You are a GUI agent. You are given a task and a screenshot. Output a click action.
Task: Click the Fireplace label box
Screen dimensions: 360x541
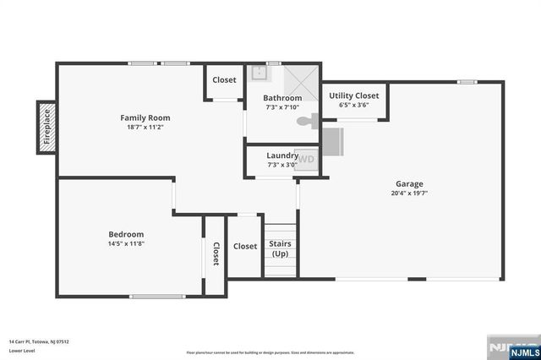pyautogui.click(x=47, y=128)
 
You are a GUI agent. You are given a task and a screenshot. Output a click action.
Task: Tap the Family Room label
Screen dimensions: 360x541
pyautogui.click(x=145, y=117)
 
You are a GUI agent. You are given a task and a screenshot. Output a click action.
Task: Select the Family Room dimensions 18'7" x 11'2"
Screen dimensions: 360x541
pyautogui.click(x=145, y=128)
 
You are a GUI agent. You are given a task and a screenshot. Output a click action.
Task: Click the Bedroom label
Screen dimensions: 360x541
pyautogui.click(x=126, y=234)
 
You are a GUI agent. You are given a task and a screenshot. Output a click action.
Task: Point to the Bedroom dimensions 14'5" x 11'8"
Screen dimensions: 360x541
pyautogui.click(x=126, y=244)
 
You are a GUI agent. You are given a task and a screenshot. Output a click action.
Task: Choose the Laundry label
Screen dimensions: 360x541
pyautogui.click(x=281, y=155)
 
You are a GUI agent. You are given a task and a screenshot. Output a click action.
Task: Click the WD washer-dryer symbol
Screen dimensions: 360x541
pyautogui.click(x=306, y=158)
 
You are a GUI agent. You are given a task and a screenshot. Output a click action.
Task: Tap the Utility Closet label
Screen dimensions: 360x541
pyautogui.click(x=353, y=95)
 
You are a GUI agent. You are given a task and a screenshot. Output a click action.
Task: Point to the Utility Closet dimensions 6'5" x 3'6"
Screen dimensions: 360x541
pyautogui.click(x=353, y=106)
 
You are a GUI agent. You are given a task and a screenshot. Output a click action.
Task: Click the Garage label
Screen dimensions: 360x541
pyautogui.click(x=409, y=183)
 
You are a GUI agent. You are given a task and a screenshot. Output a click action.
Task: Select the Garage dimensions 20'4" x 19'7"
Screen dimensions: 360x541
pyautogui.click(x=409, y=194)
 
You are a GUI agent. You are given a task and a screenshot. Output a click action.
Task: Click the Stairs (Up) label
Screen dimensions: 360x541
pyautogui.click(x=280, y=248)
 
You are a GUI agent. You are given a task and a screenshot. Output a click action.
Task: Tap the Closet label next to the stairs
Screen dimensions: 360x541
pyautogui.click(x=245, y=246)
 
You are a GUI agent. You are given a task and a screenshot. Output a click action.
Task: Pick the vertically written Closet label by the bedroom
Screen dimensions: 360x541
pyautogui.click(x=216, y=254)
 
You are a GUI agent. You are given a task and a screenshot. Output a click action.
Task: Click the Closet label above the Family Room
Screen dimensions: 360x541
pyautogui.click(x=224, y=80)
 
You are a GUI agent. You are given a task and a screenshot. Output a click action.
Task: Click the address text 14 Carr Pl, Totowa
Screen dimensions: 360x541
pyautogui.click(x=39, y=341)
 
